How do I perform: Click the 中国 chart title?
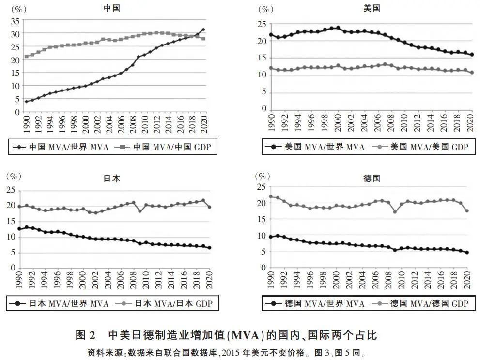111,8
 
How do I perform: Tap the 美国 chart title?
372,8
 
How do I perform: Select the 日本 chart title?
111,178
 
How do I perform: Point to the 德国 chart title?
372,178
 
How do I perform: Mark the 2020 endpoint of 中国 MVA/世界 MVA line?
203,30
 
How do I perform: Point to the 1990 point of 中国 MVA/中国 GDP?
26,57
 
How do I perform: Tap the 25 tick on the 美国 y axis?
262,24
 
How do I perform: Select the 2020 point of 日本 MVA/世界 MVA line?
209,247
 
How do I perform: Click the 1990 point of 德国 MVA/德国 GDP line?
271,196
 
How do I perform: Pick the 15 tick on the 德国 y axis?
262,219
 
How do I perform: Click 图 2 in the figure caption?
87,335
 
